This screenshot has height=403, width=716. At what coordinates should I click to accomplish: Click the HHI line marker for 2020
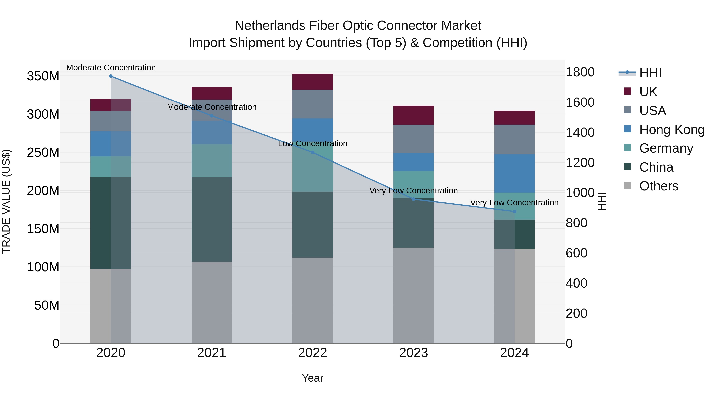pos(111,76)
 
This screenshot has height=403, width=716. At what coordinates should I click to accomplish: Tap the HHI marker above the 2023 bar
pos(413,199)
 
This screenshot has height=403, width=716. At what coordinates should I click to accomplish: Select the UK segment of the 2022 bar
pos(312,82)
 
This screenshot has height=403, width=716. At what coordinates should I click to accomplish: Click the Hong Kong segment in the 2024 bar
pos(515,174)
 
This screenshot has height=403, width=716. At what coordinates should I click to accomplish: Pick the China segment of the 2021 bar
pos(212,219)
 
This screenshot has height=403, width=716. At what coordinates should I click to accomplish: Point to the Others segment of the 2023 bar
pos(413,295)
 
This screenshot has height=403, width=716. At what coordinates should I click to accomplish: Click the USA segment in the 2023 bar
pos(413,139)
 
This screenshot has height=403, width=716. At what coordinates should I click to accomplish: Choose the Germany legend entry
pos(666,148)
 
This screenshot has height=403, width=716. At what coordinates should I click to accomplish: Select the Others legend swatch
pos(627,185)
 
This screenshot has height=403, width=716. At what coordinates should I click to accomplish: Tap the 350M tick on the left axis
pos(43,76)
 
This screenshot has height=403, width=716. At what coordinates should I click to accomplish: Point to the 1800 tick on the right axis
pos(580,72)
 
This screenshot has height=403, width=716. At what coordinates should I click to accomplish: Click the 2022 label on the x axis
pos(312,353)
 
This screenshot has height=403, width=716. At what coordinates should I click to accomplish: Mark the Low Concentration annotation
pos(313,143)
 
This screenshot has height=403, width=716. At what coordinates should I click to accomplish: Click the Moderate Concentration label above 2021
pos(212,107)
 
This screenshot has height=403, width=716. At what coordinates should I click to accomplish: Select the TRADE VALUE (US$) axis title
pos(6,201)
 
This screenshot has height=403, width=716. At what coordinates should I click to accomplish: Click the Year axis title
pos(312,378)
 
